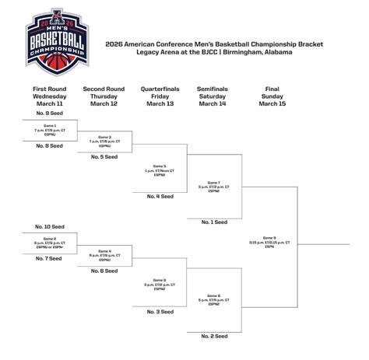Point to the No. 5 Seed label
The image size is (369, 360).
(x=103, y=157)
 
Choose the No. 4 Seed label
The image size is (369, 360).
(x=159, y=196)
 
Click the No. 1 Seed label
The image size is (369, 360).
(x=213, y=222)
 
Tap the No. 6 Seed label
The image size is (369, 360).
(x=103, y=271)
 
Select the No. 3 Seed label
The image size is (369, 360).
(x=159, y=311)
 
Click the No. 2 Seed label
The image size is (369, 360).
(x=213, y=336)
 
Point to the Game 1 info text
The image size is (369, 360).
(x=48, y=129)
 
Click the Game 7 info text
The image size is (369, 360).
(x=213, y=187)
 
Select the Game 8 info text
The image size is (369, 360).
(x=213, y=299)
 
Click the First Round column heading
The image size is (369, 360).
(x=48, y=97)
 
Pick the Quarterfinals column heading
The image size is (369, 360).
(x=159, y=97)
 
